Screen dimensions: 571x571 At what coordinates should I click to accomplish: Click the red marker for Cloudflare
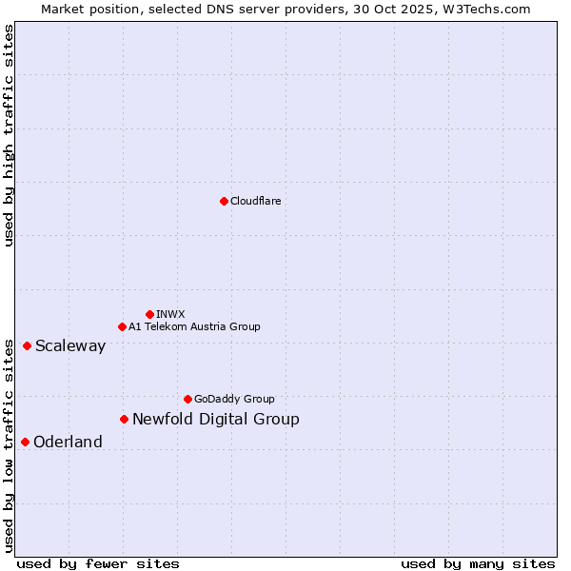pyautogui.click(x=224, y=201)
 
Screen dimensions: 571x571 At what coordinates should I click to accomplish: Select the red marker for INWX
pyautogui.click(x=149, y=314)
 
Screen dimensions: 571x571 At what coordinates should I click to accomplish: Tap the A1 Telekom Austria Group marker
pyautogui.click(x=122, y=326)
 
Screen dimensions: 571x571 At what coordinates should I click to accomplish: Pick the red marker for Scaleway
pyautogui.click(x=27, y=345)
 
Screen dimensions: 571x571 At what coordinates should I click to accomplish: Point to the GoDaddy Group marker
pyautogui.click(x=187, y=399)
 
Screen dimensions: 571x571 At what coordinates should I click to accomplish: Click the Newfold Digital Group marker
pyautogui.click(x=124, y=419)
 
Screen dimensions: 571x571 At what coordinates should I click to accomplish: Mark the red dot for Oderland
pyautogui.click(x=25, y=442)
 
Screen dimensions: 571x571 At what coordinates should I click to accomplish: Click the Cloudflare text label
pyautogui.click(x=256, y=201)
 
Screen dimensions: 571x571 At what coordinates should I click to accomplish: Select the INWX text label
pyautogui.click(x=171, y=314)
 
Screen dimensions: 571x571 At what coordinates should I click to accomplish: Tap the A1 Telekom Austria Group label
pyautogui.click(x=194, y=326)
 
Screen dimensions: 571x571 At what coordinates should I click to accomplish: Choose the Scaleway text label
pyautogui.click(x=70, y=345)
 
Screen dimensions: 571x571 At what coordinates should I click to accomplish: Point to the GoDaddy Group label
pyautogui.click(x=234, y=399)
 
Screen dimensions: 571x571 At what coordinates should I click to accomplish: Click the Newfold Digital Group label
pyautogui.click(x=216, y=419)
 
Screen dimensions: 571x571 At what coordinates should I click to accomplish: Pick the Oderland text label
pyautogui.click(x=68, y=442)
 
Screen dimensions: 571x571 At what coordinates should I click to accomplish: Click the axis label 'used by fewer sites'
pyautogui.click(x=98, y=563)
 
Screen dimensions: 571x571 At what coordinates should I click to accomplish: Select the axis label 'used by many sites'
pyautogui.click(x=478, y=563)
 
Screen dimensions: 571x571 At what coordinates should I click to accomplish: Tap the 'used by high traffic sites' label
pyautogui.click(x=9, y=135)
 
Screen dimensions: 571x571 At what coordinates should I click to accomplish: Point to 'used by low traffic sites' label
pyautogui.click(x=9, y=444)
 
